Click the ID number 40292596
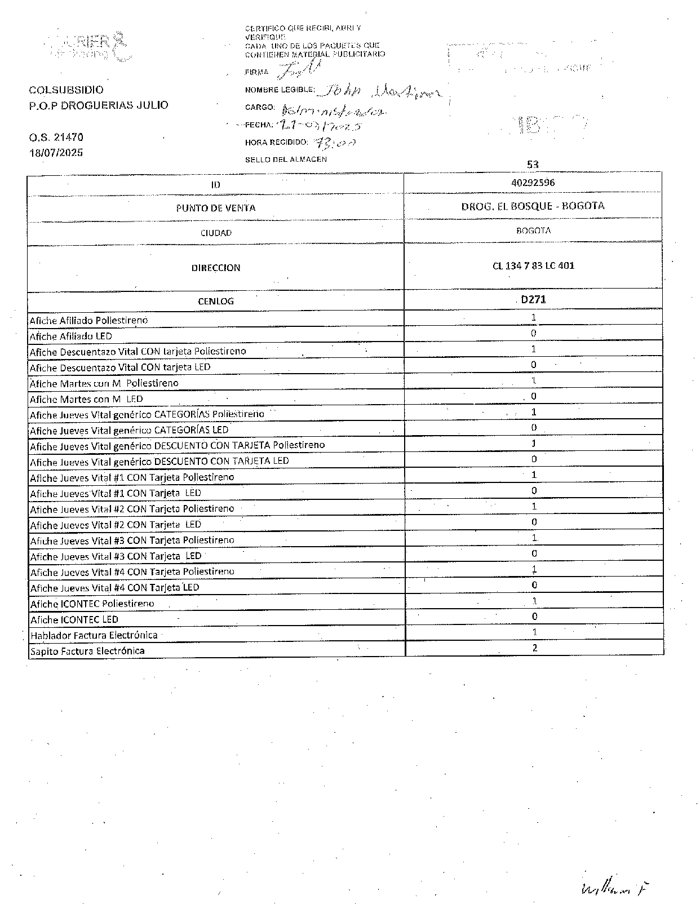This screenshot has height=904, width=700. [x=533, y=183]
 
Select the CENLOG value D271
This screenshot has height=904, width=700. [x=533, y=300]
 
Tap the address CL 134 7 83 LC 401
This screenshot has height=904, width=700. [x=533, y=265]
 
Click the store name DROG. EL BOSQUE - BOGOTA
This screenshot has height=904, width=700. [x=533, y=206]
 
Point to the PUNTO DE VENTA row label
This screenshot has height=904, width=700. [x=216, y=208]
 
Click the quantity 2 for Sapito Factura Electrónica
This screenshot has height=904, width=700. [x=534, y=648]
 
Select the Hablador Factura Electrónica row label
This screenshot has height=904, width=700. [x=94, y=635]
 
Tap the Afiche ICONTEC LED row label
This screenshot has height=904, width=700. [x=74, y=619]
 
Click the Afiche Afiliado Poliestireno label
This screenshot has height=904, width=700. [x=88, y=320]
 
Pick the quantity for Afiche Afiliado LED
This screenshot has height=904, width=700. [x=534, y=333]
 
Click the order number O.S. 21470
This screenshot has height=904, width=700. [x=56, y=137]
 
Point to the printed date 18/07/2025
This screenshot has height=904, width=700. [x=56, y=153]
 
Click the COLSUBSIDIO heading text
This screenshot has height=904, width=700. [x=67, y=90]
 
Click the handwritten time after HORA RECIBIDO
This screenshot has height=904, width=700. [x=335, y=142]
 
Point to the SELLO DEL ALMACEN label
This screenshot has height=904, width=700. [x=286, y=159]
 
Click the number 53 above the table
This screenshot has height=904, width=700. [x=533, y=165]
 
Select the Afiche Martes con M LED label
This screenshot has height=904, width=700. [x=86, y=399]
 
